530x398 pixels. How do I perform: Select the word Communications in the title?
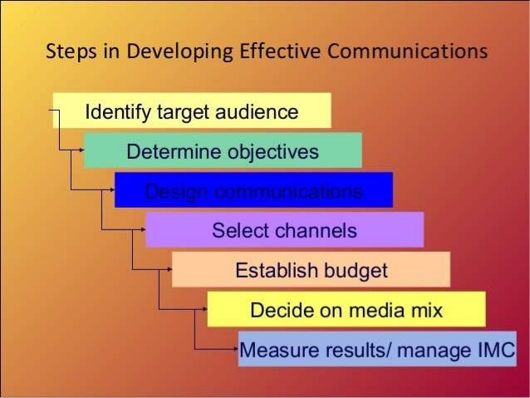tap(408, 52)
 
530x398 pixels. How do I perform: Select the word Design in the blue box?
tap(173, 192)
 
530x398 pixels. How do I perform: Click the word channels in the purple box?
tap(319, 231)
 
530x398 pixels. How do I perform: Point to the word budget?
tap(355, 271)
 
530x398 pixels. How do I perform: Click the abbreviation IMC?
tap(492, 348)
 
